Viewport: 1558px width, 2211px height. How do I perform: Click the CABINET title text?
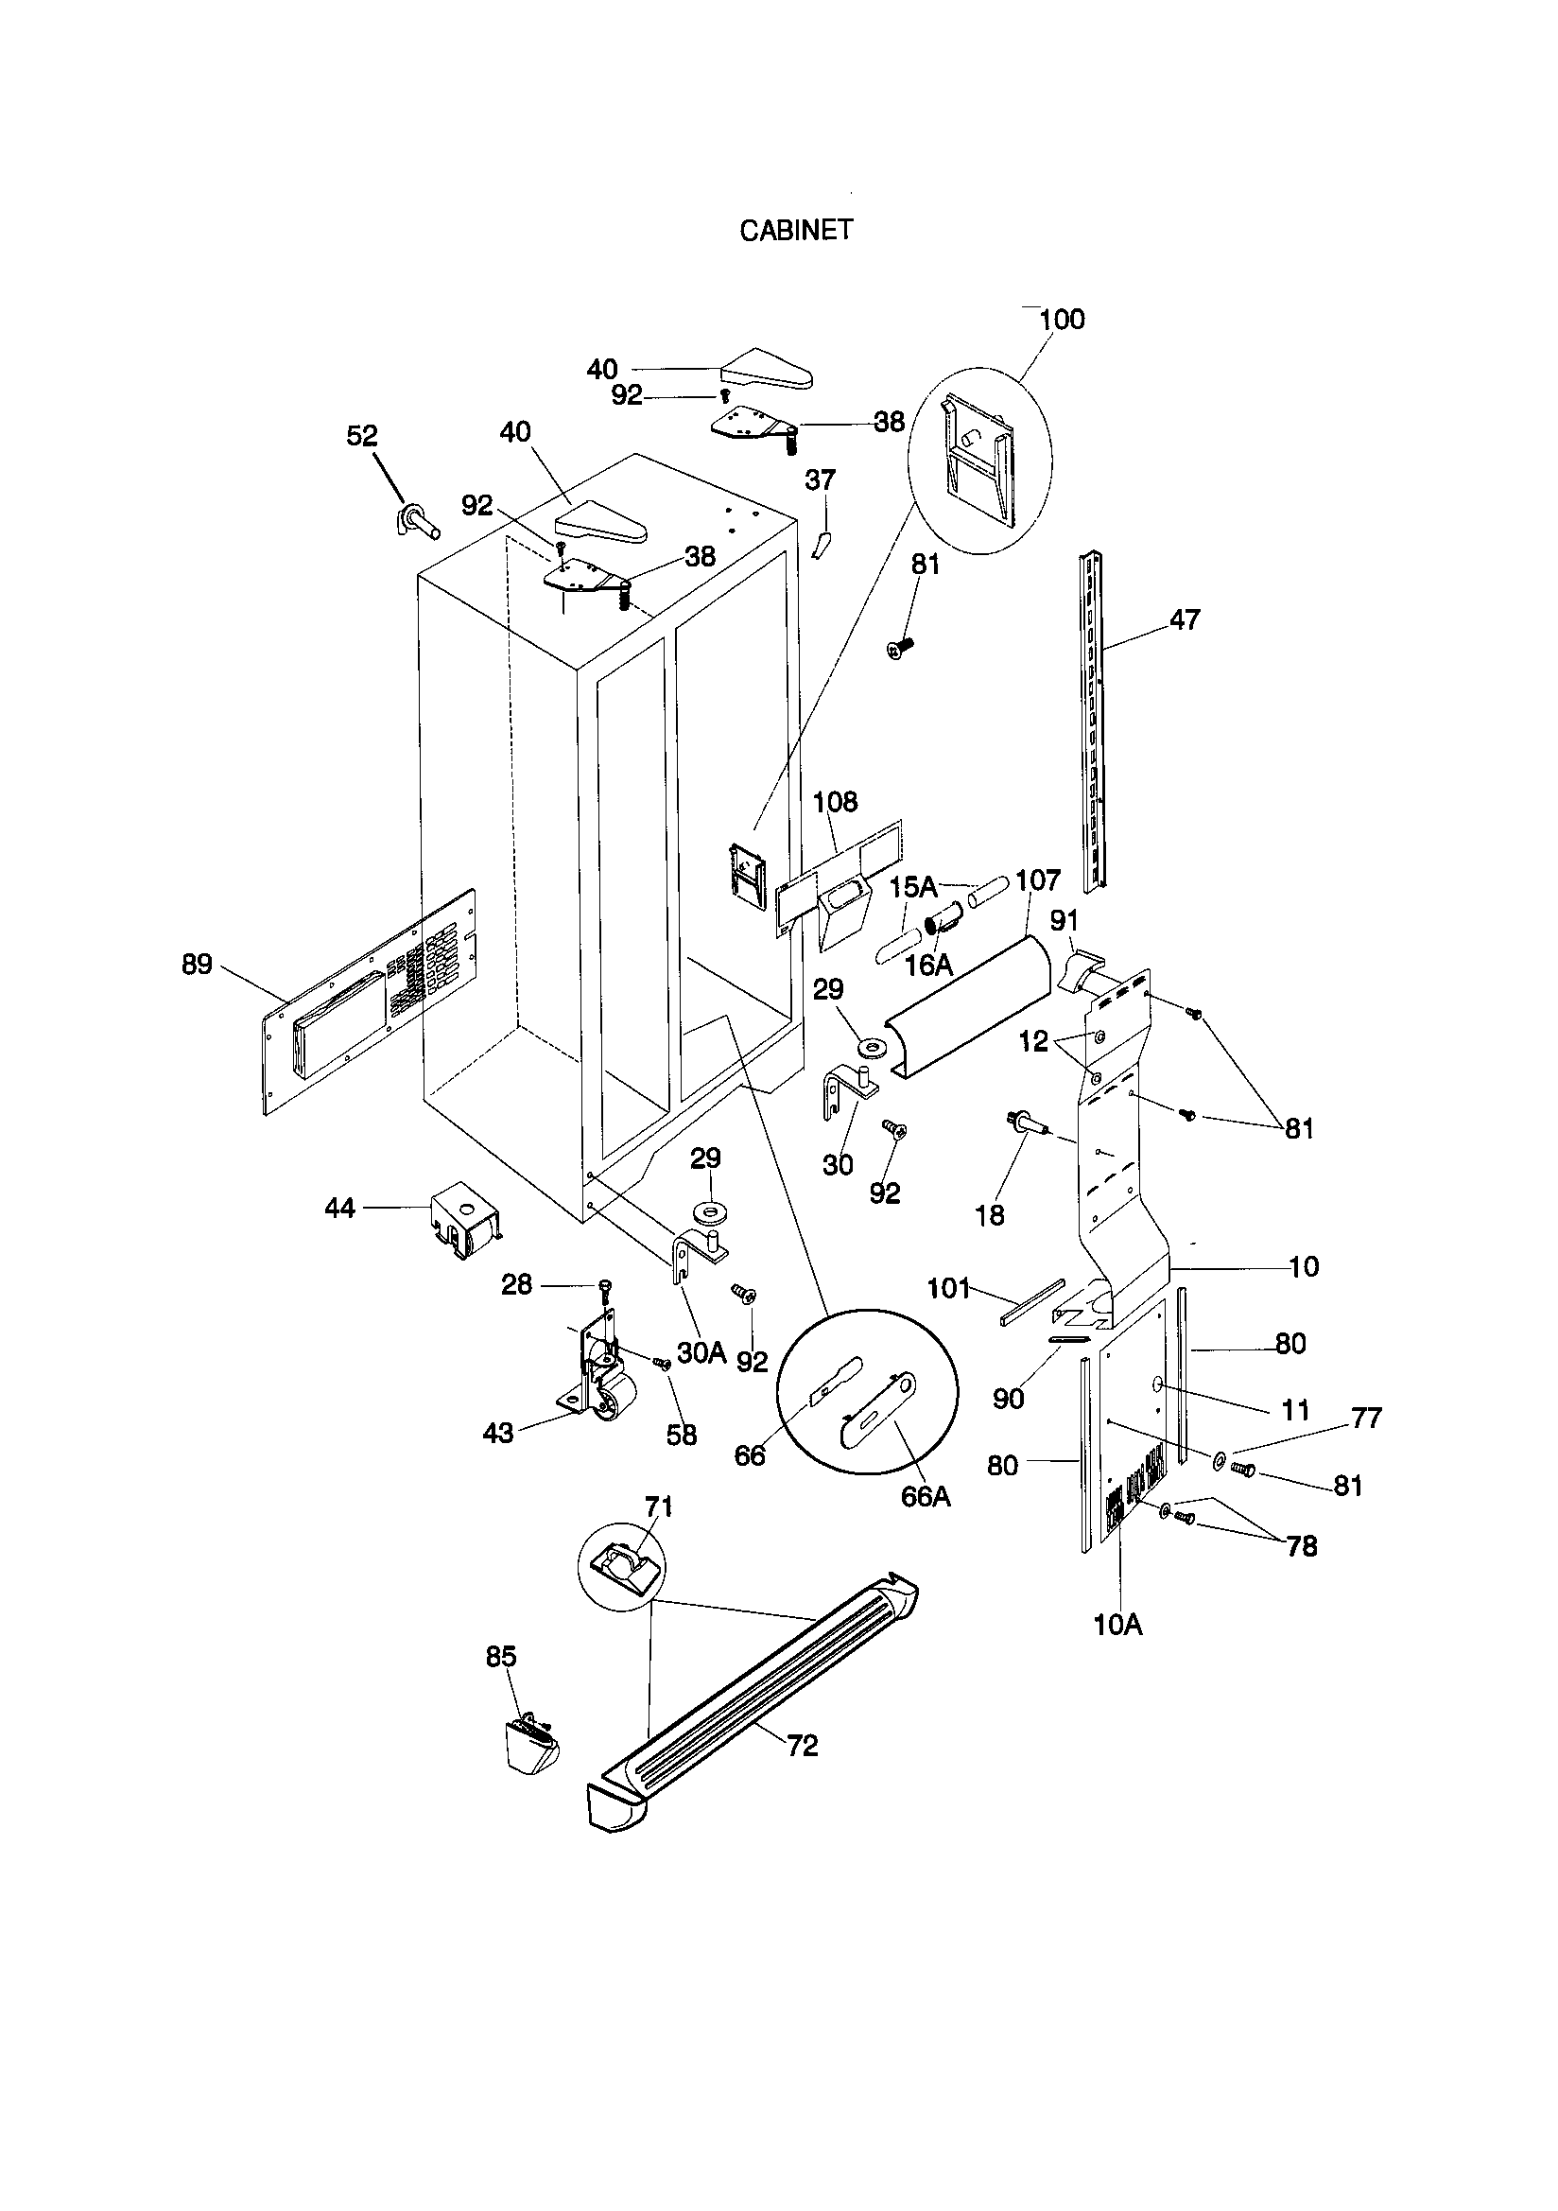coord(795,231)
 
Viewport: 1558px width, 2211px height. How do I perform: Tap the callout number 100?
coord(1062,320)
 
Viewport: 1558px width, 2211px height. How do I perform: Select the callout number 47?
coord(1185,619)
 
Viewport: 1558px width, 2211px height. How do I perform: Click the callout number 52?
coord(362,436)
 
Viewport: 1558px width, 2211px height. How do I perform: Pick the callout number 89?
coord(198,964)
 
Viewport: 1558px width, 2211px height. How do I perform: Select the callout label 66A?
coord(926,1496)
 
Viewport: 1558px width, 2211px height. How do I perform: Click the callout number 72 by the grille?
coord(802,1745)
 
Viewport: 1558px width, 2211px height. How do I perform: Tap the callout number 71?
coord(659,1506)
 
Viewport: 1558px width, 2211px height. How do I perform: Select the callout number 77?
coord(1366,1418)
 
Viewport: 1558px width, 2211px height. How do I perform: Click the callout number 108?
coord(835,802)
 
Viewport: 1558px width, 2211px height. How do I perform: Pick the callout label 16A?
coord(929,965)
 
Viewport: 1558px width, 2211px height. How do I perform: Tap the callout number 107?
coord(1038,880)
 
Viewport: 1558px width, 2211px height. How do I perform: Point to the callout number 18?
coord(990,1215)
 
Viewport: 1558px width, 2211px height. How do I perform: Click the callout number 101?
coord(948,1287)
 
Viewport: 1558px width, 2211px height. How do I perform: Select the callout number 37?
coord(821,479)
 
